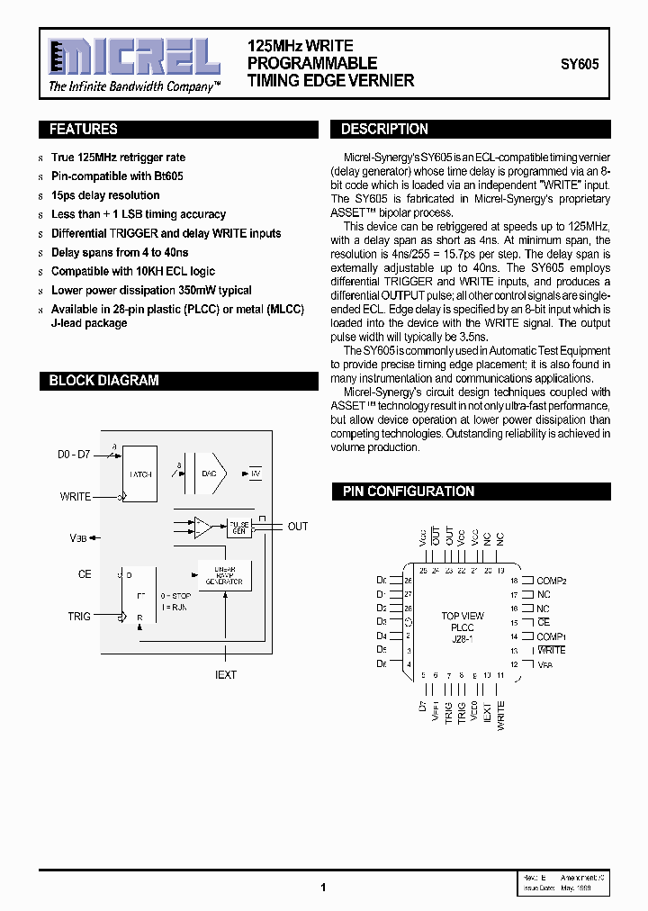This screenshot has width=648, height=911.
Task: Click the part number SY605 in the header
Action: click(579, 65)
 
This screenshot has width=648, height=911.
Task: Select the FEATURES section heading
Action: click(84, 130)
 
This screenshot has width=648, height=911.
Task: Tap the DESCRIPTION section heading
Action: click(384, 130)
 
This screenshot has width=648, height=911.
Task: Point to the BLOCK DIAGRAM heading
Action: click(103, 381)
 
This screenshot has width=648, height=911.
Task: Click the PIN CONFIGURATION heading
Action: click(409, 492)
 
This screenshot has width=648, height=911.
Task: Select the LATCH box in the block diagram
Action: click(139, 474)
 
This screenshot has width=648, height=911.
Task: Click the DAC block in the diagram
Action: click(209, 474)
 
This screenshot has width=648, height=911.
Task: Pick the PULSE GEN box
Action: click(238, 528)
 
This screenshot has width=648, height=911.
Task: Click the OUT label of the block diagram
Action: click(298, 527)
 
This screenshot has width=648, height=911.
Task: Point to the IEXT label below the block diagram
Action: click(226, 674)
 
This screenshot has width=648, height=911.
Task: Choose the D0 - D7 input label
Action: click(73, 455)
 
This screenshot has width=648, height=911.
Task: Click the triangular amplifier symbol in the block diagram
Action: click(203, 528)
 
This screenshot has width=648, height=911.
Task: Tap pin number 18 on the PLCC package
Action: click(515, 581)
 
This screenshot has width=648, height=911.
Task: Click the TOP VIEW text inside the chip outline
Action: click(463, 617)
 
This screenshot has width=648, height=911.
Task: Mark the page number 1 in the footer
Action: click(323, 887)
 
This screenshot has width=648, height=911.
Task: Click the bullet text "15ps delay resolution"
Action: click(105, 195)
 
